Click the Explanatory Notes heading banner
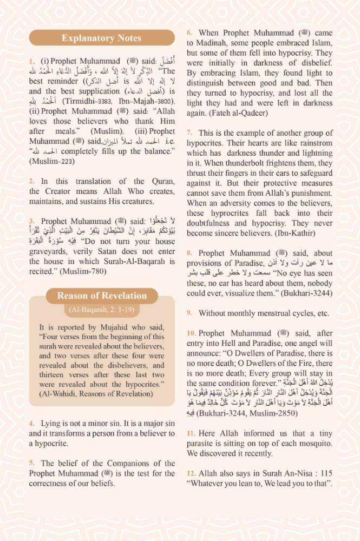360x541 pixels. (x=101, y=38)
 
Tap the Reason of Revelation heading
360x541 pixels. (x=101, y=296)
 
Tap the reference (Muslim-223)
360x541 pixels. (x=52, y=161)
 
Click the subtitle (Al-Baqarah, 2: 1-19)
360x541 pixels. (x=101, y=310)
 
